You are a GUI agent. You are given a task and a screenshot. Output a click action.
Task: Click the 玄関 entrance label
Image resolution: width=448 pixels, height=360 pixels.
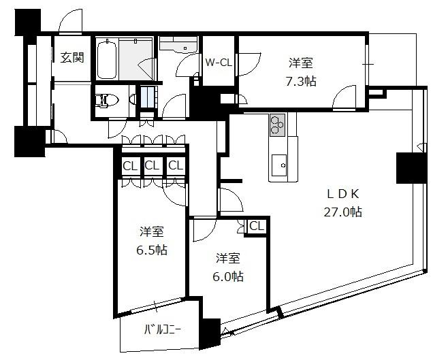tap(73, 58)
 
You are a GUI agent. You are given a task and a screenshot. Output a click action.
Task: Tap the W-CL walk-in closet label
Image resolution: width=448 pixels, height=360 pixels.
tap(219, 63)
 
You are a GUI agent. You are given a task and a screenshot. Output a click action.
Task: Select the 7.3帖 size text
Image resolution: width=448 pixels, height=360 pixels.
tap(301, 82)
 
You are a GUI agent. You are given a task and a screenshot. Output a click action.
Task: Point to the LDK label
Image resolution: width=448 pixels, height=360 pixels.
tap(342, 194)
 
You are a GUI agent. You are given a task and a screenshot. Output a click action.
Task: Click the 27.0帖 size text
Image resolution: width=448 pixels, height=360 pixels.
tap(343, 212)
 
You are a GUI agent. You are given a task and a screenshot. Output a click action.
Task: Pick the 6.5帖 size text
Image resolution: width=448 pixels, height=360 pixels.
tap(152, 250)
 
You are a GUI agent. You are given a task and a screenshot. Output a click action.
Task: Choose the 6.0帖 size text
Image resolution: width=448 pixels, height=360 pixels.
tap(228, 276)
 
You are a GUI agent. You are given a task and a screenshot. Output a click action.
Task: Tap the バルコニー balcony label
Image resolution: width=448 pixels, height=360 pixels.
tap(162, 330)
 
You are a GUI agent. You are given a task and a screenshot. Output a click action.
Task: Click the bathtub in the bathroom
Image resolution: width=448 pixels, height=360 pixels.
tap(107, 59)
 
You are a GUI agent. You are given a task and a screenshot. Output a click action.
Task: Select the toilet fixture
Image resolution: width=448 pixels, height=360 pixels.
tap(107, 101)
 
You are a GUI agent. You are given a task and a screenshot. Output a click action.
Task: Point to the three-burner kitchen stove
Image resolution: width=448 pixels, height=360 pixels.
tap(277, 125)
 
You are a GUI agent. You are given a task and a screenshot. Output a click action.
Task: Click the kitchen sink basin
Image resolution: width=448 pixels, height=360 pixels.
tap(279, 165)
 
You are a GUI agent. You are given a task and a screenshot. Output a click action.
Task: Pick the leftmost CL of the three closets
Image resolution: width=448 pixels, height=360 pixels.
tap(130, 166)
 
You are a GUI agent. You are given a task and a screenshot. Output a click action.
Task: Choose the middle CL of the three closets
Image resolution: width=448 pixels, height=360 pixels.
tap(152, 165)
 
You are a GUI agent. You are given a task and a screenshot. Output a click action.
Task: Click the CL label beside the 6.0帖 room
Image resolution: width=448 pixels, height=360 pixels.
tap(256, 226)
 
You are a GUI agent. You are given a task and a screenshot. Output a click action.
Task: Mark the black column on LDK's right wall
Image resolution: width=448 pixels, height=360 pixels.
tap(411, 168)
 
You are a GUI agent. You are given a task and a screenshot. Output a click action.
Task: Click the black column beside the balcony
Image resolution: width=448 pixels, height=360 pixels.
tap(210, 333)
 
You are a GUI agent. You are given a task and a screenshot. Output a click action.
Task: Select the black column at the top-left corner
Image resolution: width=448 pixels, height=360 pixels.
tap(27, 22)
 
